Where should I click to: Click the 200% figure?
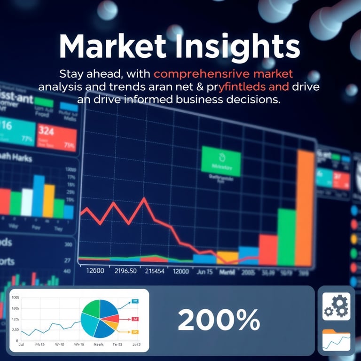click(219, 321)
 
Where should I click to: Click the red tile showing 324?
click(57, 134)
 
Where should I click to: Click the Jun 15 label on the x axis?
click(204, 271)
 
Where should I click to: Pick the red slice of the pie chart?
click(111, 320)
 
